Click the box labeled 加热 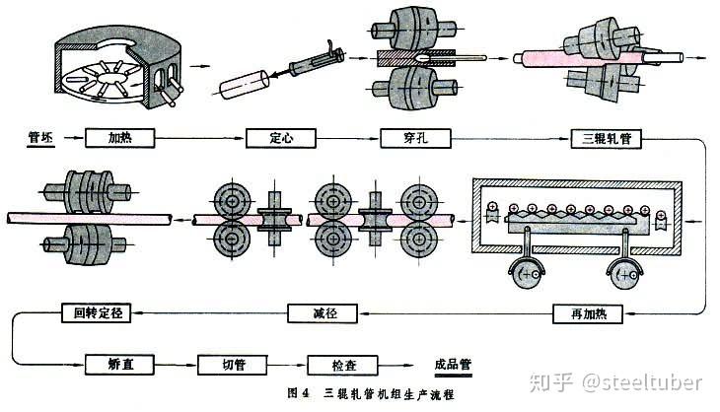[120, 138]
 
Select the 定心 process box [281, 138]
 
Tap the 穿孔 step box [415, 138]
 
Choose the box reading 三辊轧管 [607, 139]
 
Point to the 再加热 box [588, 313]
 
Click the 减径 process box [323, 313]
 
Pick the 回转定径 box [97, 312]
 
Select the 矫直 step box [119, 365]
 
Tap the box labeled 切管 [233, 365]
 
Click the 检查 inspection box [342, 366]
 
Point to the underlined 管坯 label [40, 138]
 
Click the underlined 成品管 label [454, 366]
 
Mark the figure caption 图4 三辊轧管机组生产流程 [371, 393]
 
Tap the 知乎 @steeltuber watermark [615, 382]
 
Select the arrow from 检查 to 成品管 [396, 366]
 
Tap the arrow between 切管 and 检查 [287, 366]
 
